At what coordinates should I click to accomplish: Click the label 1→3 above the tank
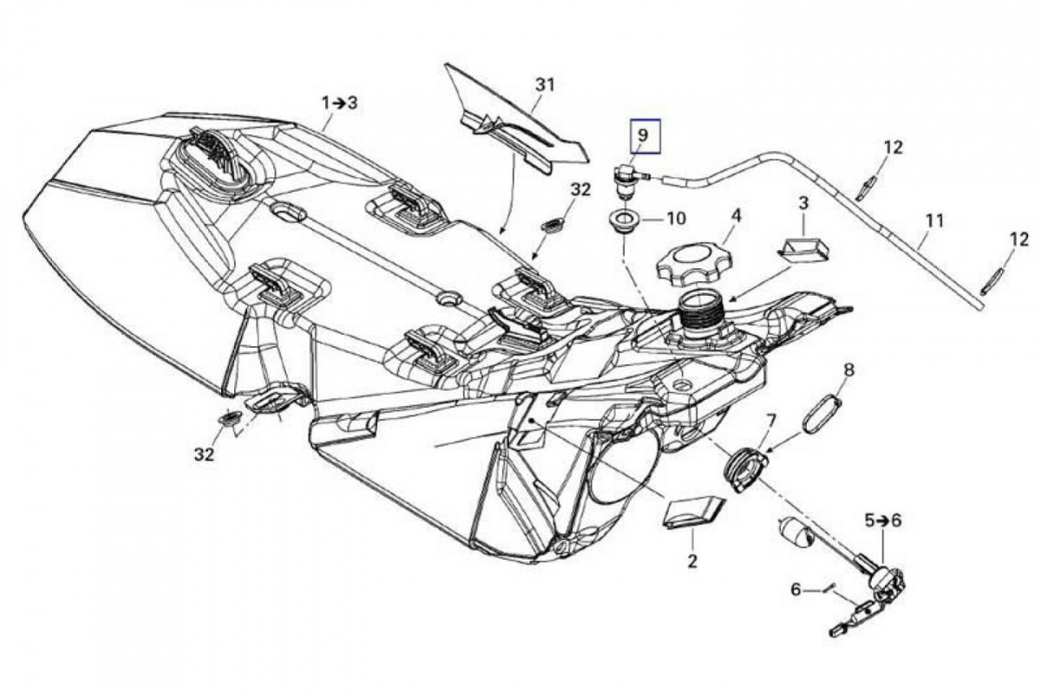click(x=339, y=102)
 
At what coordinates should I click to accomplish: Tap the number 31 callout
click(x=544, y=85)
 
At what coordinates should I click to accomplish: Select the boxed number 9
click(x=643, y=135)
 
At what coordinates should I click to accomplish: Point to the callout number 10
click(x=675, y=217)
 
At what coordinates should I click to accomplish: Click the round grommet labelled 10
click(x=624, y=219)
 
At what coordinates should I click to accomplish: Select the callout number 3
click(x=803, y=203)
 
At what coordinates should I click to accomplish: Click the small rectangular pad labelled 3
click(x=802, y=250)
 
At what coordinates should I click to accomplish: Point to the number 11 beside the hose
click(x=933, y=220)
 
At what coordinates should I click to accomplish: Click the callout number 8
click(x=848, y=370)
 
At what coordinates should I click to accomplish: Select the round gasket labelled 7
click(x=743, y=468)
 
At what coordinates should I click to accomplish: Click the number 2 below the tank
click(x=692, y=561)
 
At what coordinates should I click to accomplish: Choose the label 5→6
click(x=882, y=520)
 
